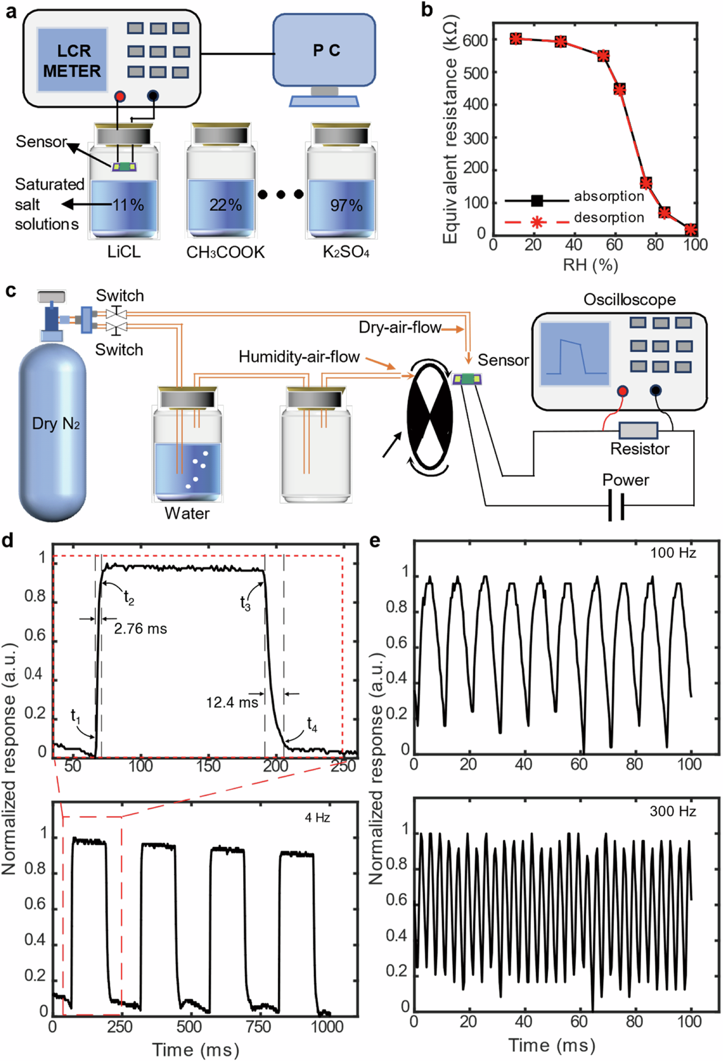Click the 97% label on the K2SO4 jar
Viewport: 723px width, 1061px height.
pyautogui.click(x=346, y=205)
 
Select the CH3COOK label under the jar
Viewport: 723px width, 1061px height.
pyautogui.click(x=225, y=253)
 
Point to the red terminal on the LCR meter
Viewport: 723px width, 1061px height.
pyautogui.click(x=120, y=96)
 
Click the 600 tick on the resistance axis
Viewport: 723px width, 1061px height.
pyautogui.click(x=475, y=40)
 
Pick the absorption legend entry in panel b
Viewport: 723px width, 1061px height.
pyautogui.click(x=608, y=196)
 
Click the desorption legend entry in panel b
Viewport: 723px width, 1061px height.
pyautogui.click(x=608, y=218)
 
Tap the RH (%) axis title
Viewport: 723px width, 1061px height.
pyautogui.click(x=590, y=265)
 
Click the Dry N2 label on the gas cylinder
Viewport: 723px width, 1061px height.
pyautogui.click(x=56, y=424)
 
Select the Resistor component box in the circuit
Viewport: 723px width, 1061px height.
pyautogui.click(x=638, y=430)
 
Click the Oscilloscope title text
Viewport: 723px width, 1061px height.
pyautogui.click(x=629, y=300)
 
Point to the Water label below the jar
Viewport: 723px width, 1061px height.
pyautogui.click(x=187, y=514)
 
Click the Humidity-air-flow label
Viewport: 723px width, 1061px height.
pyautogui.click(x=299, y=357)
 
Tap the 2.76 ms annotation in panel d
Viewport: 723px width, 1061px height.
pyautogui.click(x=140, y=629)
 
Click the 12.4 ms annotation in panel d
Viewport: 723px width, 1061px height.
pyautogui.click(x=232, y=702)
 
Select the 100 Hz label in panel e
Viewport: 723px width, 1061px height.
pyautogui.click(x=673, y=553)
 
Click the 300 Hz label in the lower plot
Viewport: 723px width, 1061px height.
pyautogui.click(x=673, y=811)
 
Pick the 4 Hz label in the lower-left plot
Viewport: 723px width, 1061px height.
pyautogui.click(x=317, y=818)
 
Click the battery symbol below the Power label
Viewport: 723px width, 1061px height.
pyautogui.click(x=616, y=505)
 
